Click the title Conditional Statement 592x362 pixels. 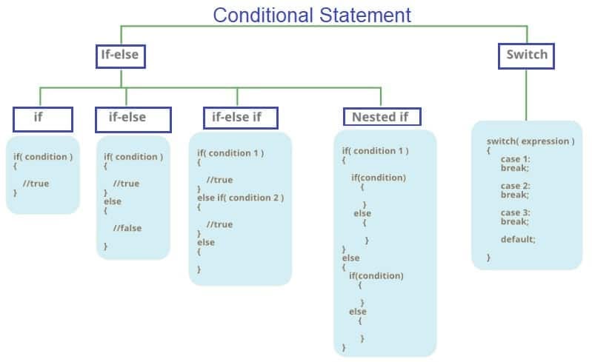click(311, 14)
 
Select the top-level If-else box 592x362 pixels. click(119, 54)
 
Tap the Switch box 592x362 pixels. click(527, 55)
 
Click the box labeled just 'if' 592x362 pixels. click(42, 118)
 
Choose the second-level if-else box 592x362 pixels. click(133, 118)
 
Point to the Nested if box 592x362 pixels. click(381, 117)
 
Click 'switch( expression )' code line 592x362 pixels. click(530, 141)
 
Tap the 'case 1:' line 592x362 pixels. click(515, 159)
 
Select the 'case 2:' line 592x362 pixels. click(515, 186)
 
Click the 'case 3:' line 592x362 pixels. click(515, 212)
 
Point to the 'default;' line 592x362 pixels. click(518, 239)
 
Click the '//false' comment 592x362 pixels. click(127, 228)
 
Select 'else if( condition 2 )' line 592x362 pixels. click(240, 198)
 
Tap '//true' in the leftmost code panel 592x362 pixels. click(36, 184)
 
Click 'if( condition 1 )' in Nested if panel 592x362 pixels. click(375, 151)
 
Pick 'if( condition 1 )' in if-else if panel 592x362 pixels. click(230, 153)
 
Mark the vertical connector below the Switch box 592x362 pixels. click(527, 95)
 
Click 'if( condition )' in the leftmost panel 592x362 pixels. click(43, 157)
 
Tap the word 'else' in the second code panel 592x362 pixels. click(113, 201)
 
